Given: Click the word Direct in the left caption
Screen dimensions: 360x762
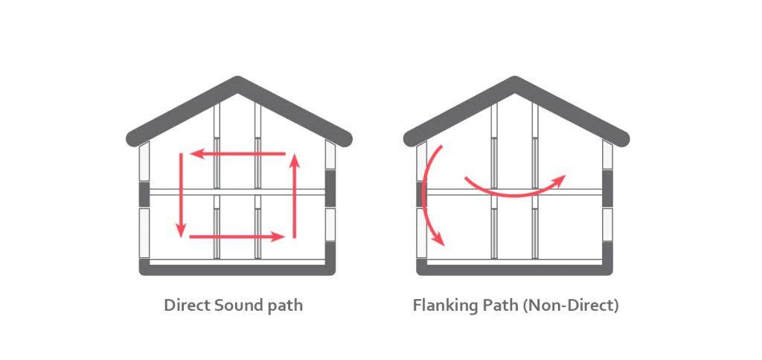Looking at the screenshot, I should click(187, 306).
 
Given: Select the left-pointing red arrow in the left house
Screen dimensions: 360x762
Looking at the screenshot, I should click(238, 155).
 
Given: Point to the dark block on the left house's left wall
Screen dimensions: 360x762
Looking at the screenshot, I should click(144, 195).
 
